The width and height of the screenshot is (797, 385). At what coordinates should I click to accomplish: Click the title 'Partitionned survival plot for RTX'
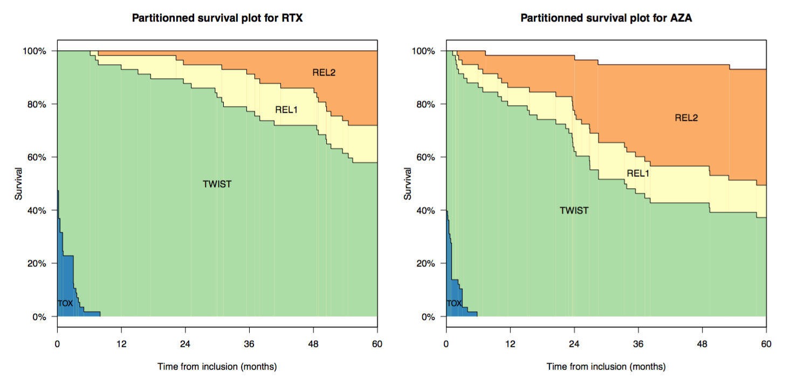[x=217, y=18]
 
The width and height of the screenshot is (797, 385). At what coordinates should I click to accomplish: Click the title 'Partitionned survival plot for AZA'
[x=606, y=18]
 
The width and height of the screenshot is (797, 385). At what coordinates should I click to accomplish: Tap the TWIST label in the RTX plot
[x=217, y=184]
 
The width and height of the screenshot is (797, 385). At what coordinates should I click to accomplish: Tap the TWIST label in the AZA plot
[x=574, y=211]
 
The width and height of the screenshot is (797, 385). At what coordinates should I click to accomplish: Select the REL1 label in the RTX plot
[x=286, y=110]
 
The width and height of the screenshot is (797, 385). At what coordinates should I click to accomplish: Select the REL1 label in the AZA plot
[x=637, y=174]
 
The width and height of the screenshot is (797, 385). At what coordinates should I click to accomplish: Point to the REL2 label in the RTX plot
[x=324, y=72]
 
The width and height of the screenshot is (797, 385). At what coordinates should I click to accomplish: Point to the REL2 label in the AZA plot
[x=686, y=118]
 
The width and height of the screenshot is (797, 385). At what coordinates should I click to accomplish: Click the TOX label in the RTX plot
[x=65, y=304]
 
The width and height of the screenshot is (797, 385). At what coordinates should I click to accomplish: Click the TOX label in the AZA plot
[x=454, y=304]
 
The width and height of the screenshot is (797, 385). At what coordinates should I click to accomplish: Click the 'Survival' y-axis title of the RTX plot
[x=19, y=184]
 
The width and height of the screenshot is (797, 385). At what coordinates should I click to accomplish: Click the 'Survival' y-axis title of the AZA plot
[x=408, y=184]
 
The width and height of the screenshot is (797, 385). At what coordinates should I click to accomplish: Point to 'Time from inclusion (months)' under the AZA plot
[x=606, y=367]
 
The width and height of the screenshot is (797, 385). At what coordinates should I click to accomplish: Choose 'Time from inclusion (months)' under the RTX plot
[x=217, y=367]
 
